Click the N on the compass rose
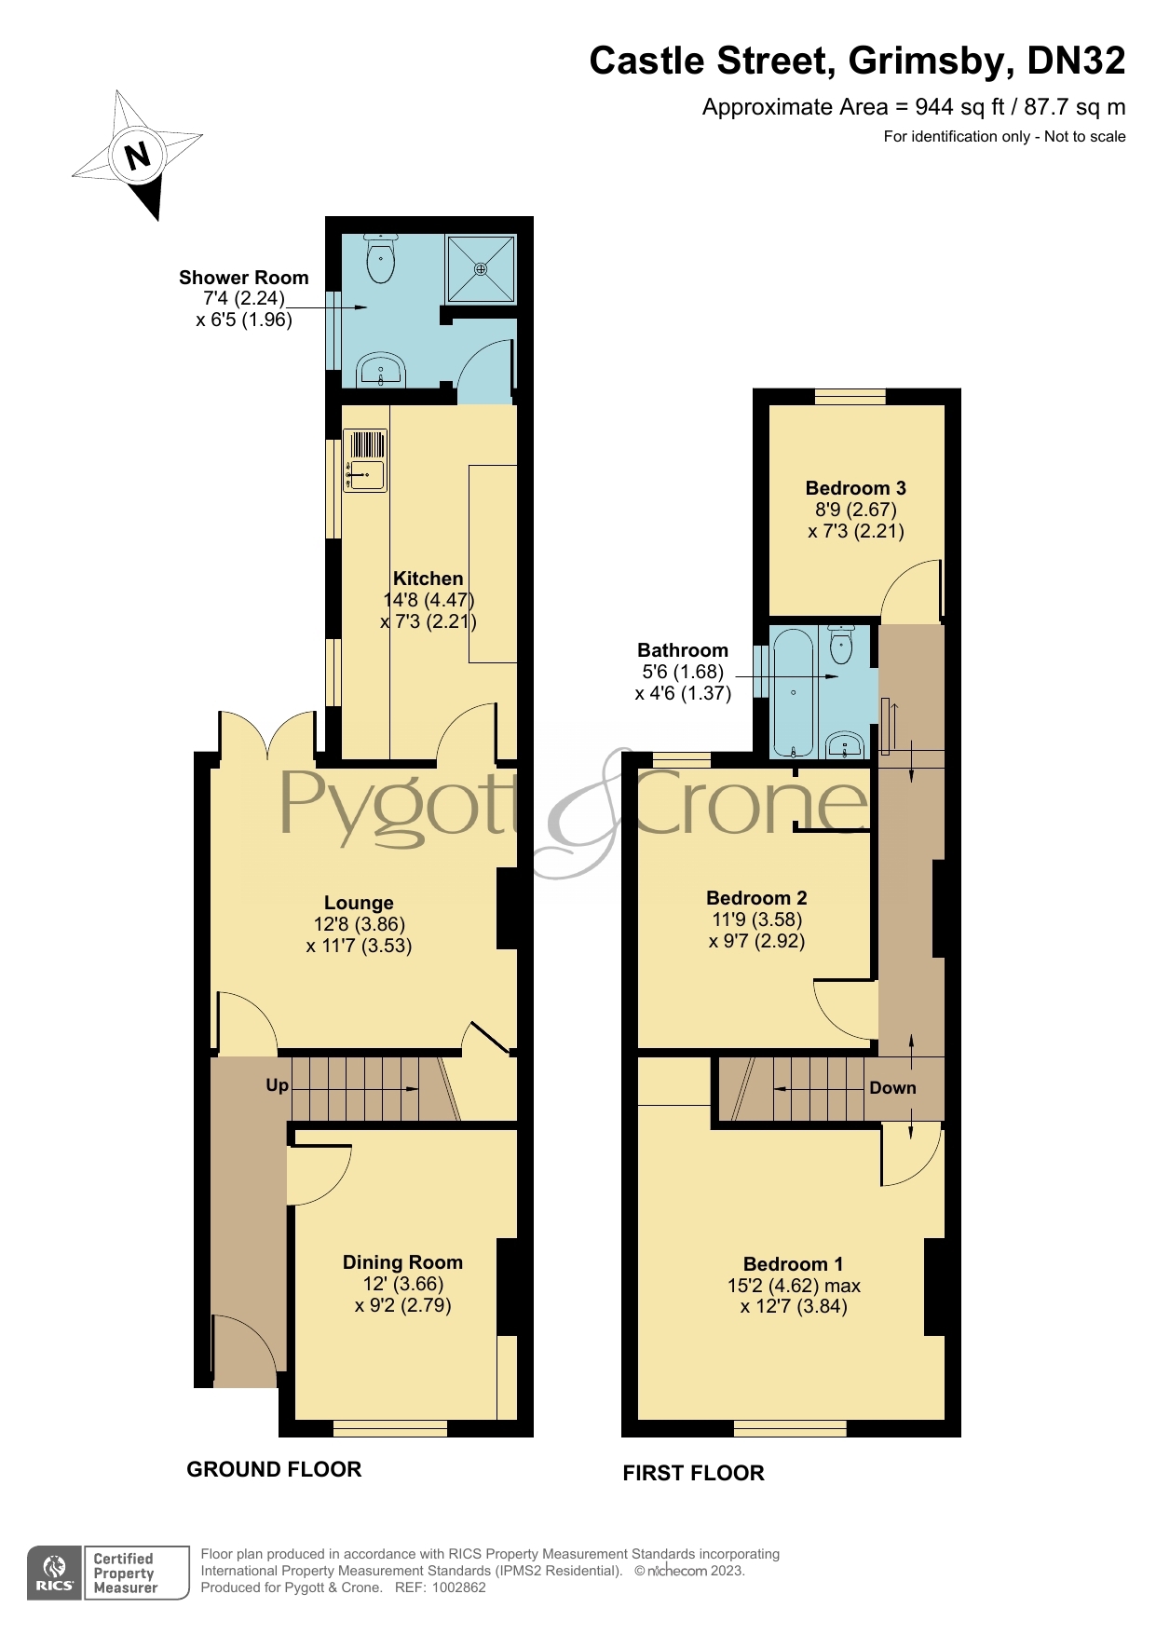click(x=138, y=155)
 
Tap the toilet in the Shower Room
click(x=381, y=258)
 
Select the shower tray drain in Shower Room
click(x=481, y=269)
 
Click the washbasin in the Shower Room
click(x=381, y=370)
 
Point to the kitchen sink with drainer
click(x=365, y=460)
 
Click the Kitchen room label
click(x=428, y=579)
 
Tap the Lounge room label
click(x=359, y=903)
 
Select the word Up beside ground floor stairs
click(x=277, y=1085)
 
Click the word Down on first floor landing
click(x=892, y=1088)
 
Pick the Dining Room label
click(x=402, y=1262)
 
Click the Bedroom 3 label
click(x=855, y=488)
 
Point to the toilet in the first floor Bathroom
click(x=841, y=644)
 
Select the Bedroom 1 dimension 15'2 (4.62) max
click(x=794, y=1286)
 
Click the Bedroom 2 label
click(x=756, y=898)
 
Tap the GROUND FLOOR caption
click(x=274, y=1469)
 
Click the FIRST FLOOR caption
click(x=693, y=1473)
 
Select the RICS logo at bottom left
click(x=55, y=1574)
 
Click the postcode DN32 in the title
click(x=1076, y=61)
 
